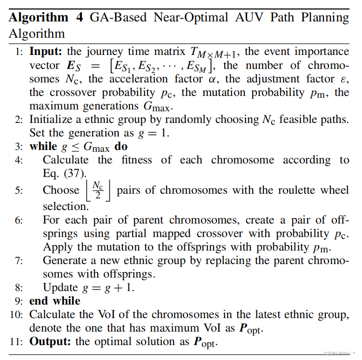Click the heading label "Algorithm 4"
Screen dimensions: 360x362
click(x=45, y=18)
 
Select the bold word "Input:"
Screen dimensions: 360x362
click(x=49, y=51)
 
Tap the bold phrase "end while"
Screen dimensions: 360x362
click(x=54, y=301)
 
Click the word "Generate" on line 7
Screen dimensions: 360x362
click(x=65, y=260)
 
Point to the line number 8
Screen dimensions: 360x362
click(x=19, y=287)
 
